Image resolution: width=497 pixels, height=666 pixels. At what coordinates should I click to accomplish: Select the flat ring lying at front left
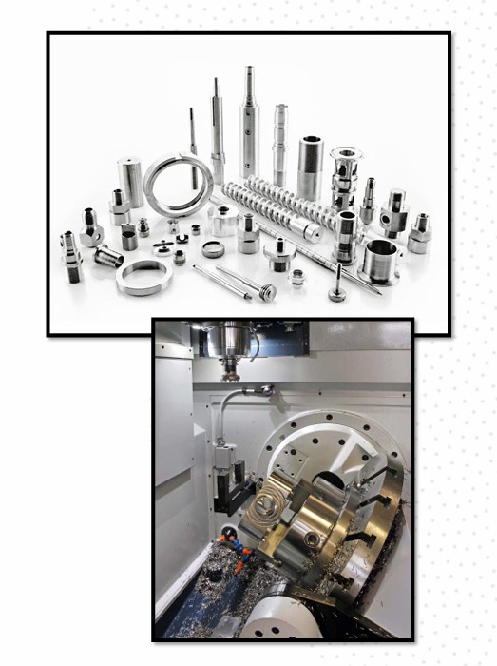(x=143, y=277)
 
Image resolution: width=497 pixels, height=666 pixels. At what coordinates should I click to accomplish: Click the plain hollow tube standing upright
(x=310, y=167)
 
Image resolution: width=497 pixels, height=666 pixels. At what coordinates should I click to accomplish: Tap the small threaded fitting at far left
(x=71, y=255)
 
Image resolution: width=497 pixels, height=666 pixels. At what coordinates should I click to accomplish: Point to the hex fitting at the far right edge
(x=419, y=234)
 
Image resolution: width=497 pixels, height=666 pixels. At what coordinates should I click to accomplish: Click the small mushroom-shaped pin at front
(x=337, y=285)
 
